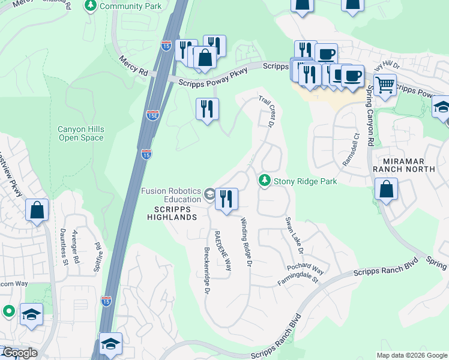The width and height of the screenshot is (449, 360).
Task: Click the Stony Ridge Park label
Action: coord(305,181)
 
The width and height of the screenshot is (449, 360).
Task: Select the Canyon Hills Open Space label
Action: coord(81,133)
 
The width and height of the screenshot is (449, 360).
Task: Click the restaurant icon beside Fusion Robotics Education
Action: coord(226,199)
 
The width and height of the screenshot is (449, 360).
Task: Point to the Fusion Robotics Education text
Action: coord(170,195)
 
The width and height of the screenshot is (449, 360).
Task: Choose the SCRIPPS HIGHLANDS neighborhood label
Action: coord(172,213)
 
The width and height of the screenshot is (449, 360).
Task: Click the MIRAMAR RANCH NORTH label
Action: coord(403,166)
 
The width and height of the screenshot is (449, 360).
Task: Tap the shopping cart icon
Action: coord(385,85)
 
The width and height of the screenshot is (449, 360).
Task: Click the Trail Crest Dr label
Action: coord(267,110)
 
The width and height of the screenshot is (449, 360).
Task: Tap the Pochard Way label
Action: coord(305,266)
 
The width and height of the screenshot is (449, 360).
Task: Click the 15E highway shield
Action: coord(153,115)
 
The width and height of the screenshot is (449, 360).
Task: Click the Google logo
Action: coord(19,353)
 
